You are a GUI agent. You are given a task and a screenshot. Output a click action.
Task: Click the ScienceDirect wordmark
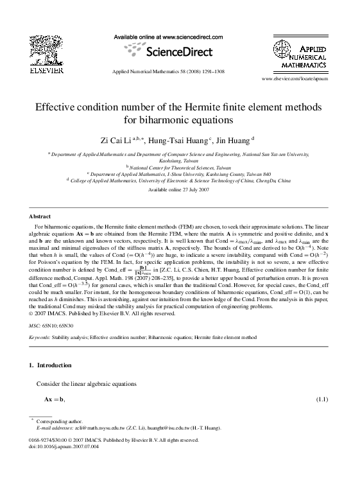point(178,51)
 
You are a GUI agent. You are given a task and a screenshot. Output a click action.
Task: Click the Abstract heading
point(40,216)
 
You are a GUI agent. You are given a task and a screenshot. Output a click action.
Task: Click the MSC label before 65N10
point(36,326)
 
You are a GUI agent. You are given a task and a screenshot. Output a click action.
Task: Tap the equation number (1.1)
point(323,399)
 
